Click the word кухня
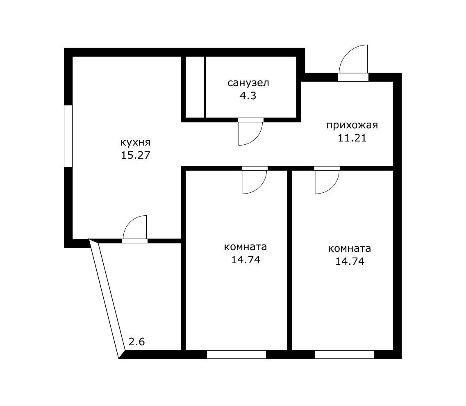click(x=135, y=142)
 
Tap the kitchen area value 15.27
click(x=135, y=155)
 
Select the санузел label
click(x=248, y=83)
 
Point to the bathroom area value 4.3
click(x=248, y=96)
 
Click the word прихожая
click(x=352, y=125)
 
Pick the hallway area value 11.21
click(x=352, y=138)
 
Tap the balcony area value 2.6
click(x=137, y=342)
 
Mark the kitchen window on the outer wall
click(x=68, y=136)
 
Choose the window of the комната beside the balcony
click(x=236, y=354)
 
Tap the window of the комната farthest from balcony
click(x=344, y=354)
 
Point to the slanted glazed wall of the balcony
click(x=107, y=299)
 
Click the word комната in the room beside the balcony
click(x=246, y=247)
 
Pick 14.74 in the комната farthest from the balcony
click(x=350, y=261)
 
